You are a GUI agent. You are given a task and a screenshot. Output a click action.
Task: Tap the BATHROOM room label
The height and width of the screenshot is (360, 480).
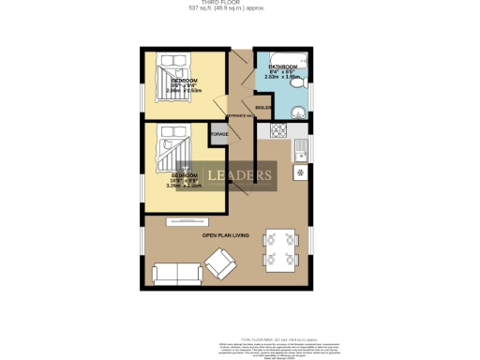tap(283, 68)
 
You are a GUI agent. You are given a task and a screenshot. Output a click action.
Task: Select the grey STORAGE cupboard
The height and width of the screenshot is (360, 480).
tap(218, 134)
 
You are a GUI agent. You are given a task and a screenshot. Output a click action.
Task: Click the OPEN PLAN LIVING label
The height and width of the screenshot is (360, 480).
tap(225, 235)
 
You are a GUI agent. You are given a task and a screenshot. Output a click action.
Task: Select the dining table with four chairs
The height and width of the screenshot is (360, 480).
tap(278, 248)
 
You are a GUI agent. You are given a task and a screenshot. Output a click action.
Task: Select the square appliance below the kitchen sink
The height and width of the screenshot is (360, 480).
tap(301, 173)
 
